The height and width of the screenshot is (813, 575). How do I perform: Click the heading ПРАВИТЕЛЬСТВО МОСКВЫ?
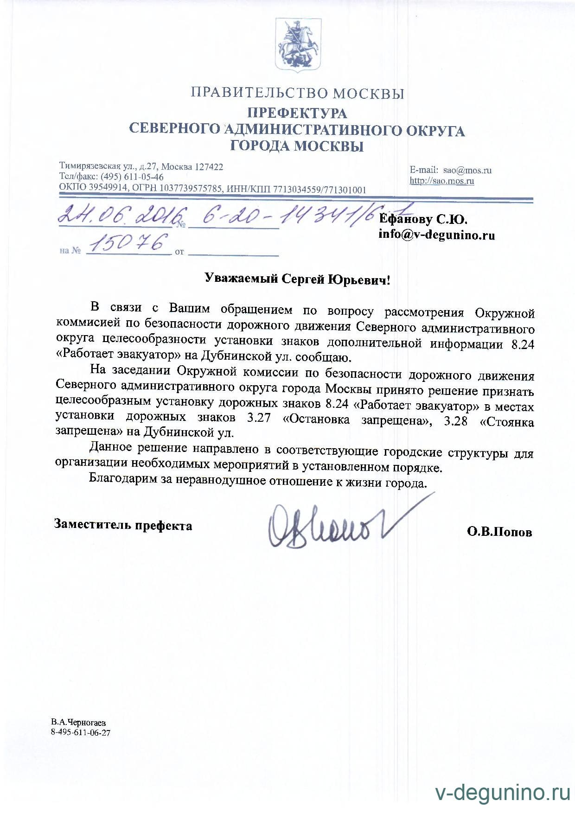click(x=297, y=94)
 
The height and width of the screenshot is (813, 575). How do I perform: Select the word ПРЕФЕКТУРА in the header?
click(x=297, y=113)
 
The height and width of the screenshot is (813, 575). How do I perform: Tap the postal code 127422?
click(x=208, y=167)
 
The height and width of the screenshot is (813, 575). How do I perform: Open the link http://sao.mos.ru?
click(x=441, y=181)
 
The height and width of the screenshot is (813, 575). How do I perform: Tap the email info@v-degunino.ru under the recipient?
click(x=436, y=235)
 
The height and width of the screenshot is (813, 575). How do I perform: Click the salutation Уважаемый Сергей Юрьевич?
click(x=297, y=279)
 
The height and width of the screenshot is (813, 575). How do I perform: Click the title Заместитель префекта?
click(x=123, y=526)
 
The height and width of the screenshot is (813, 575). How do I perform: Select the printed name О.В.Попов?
click(x=499, y=533)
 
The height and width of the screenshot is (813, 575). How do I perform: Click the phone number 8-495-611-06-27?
click(x=81, y=733)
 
